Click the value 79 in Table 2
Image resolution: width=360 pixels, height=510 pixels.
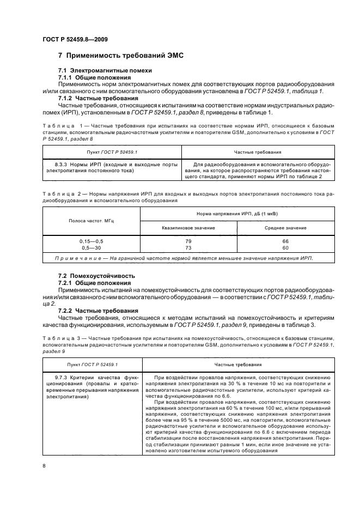point(188,241)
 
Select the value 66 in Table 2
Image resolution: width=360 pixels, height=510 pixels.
point(285,241)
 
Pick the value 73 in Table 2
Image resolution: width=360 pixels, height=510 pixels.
point(188,247)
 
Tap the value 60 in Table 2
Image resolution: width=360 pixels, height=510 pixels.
point(285,247)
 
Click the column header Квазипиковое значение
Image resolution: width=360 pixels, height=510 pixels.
point(188,228)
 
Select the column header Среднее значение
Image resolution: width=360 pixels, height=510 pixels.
point(285,228)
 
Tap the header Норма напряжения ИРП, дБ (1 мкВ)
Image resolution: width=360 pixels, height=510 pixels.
point(237,215)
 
